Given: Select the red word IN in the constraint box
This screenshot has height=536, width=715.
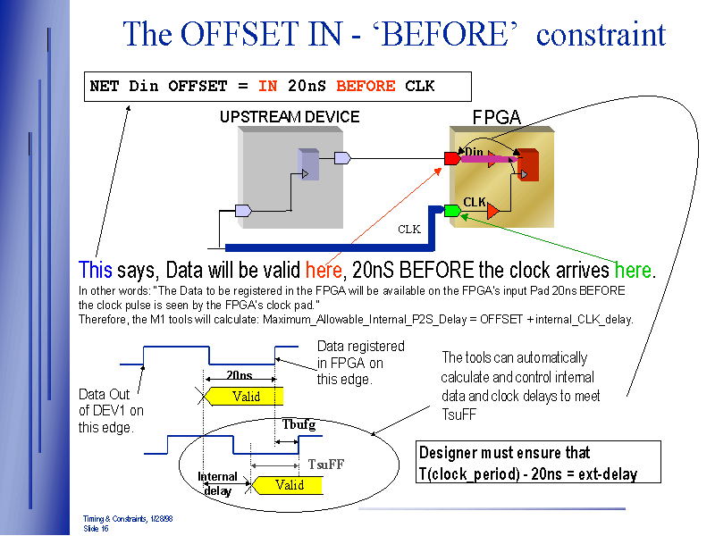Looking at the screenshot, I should point(267,87).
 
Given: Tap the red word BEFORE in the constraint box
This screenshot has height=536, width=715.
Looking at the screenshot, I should point(366,87).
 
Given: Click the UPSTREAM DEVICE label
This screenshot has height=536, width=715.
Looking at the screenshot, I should point(290,117).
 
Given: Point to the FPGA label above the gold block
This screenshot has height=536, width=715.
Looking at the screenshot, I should point(496,117).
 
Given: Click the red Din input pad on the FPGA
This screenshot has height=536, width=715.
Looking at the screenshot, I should point(452,159).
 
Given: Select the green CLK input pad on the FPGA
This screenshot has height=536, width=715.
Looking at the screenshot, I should point(452,211).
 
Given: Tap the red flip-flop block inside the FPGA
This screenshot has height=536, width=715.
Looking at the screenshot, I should point(526,164).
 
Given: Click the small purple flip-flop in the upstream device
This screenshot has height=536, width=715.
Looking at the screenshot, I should point(307,164).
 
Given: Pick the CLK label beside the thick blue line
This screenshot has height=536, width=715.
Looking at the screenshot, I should point(408,230).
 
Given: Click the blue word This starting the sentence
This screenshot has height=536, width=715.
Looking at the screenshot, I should point(96,270).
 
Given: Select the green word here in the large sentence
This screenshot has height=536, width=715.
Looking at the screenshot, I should point(633,270).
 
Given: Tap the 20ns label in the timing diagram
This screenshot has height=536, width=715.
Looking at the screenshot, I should point(239,375).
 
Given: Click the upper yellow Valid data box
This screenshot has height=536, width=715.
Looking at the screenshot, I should point(245,396).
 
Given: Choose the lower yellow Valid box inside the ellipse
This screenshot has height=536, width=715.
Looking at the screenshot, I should point(288,485).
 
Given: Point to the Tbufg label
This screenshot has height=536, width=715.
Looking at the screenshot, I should point(299,425).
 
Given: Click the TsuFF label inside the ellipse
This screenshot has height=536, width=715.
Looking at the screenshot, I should point(325,465).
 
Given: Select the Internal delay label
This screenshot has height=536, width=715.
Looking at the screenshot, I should point(218,483).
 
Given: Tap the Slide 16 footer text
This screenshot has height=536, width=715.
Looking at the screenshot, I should point(96,528).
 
